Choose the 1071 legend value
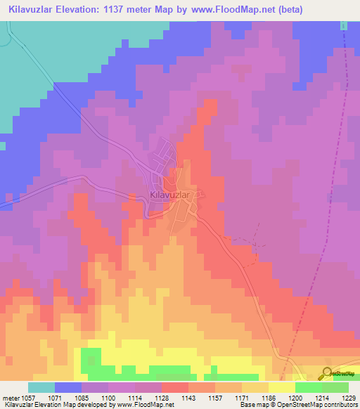point(67,397)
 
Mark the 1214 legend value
point(321,397)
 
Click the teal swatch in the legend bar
point(41,387)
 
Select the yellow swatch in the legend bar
point(281,387)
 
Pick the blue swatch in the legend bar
point(67,387)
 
